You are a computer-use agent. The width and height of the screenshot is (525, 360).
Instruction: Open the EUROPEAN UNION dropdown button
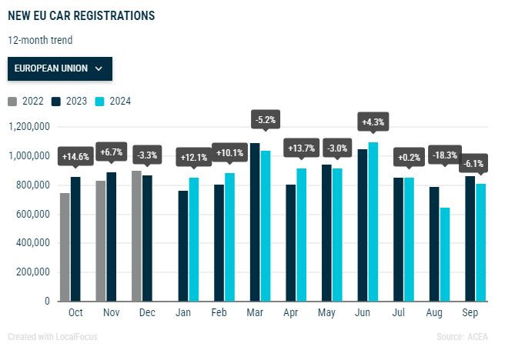pos(59,68)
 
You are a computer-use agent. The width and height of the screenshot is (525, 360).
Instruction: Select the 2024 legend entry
pos(113,101)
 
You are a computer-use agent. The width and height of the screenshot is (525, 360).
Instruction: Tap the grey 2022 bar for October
pos(65,247)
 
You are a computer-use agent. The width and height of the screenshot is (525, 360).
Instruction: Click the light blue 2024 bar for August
pos(445,254)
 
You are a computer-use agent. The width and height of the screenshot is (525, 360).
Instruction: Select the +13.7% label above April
pos(302,148)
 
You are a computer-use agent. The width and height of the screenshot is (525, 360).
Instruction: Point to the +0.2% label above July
pos(410,158)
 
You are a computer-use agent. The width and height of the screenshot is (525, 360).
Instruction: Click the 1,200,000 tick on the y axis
pos(28,127)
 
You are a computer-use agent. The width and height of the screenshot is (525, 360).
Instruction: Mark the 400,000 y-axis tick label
pos(33,243)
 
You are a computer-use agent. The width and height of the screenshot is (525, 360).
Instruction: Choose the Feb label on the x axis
pos(219,314)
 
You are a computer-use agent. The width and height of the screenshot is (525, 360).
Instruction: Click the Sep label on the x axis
pos(470,314)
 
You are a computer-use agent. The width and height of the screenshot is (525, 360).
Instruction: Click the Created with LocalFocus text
pos(52,337)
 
